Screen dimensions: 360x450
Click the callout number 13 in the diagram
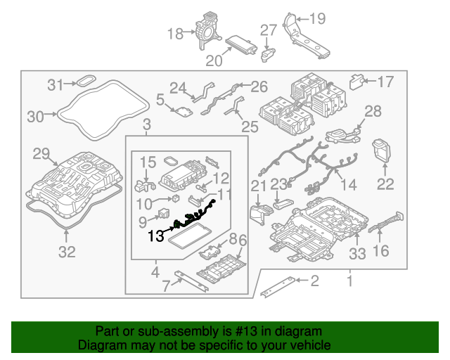coord(157,236)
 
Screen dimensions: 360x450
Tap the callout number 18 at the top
coord(175,34)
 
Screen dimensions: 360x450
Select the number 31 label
coord(56,85)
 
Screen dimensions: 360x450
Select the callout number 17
coord(385,82)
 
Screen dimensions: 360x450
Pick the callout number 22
coord(385,184)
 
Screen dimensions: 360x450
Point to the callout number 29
coord(41,153)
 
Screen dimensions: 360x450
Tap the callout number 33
coord(357,252)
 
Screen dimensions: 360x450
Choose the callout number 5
coord(160,101)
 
